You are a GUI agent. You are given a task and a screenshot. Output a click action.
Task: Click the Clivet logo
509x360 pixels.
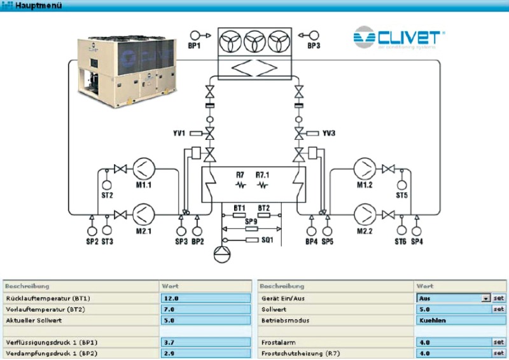coord(399,37)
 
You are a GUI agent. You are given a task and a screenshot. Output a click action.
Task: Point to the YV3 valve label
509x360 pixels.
coord(328,134)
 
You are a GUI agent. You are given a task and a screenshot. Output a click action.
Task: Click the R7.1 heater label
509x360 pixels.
coord(263,174)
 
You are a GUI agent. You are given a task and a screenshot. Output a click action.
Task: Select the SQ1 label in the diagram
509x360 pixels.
coord(267,240)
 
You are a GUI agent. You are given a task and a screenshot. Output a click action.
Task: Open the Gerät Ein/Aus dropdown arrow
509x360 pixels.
coord(485,298)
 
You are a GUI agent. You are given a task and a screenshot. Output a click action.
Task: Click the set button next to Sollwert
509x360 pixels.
coord(499,309)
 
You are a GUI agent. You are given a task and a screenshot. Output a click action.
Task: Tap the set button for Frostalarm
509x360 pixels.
coord(499,342)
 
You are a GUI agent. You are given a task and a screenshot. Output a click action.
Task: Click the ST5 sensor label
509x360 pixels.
coord(401,195)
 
